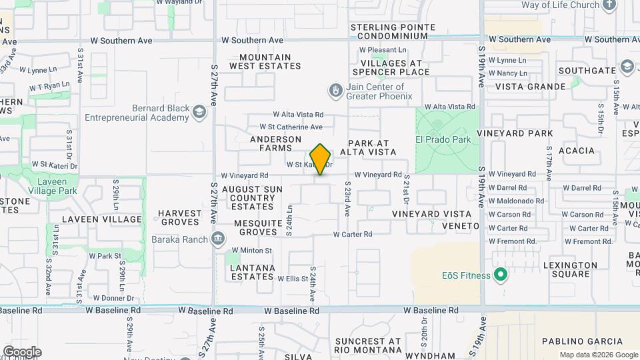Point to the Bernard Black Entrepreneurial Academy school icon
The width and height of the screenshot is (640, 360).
(199, 113)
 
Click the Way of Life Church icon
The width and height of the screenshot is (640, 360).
(609, 5)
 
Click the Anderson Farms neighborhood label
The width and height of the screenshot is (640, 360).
(276, 143)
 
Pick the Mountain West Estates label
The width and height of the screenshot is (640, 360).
(265, 61)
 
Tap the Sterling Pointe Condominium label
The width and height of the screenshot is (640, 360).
(393, 31)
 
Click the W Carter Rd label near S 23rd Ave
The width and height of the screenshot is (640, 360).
(352, 234)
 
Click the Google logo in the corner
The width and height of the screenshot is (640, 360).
(22, 352)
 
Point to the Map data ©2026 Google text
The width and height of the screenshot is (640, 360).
(598, 355)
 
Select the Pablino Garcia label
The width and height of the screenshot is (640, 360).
(575, 341)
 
